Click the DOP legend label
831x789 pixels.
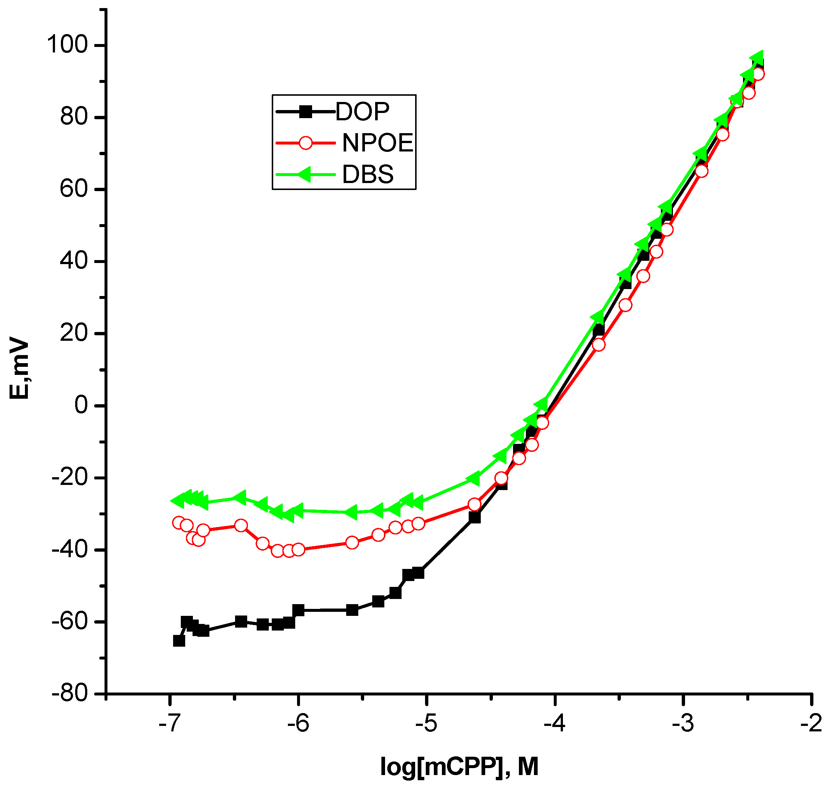pos(363,112)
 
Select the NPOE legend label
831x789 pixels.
pos(378,143)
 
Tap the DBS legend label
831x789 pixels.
pos(367,175)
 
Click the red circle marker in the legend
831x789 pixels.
pos(306,143)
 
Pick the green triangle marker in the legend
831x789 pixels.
pos(305,175)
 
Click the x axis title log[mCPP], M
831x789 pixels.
pos(459,766)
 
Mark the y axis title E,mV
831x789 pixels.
pos(19,369)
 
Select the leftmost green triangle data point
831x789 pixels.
pos(177,500)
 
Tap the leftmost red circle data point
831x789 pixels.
pos(179,523)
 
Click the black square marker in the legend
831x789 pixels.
pos(306,112)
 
